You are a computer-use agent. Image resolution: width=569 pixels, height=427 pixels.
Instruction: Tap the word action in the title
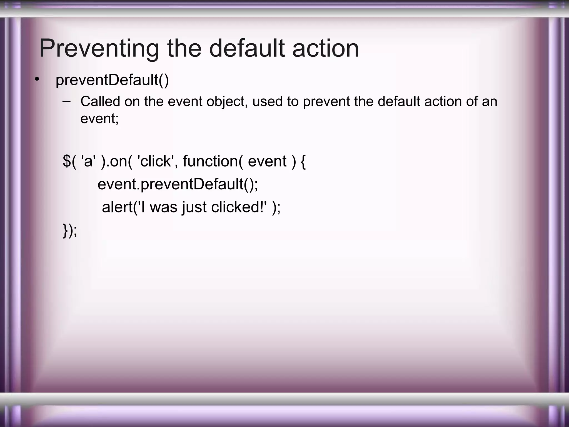tap(325, 49)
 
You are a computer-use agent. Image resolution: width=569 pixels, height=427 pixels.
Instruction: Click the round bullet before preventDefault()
tap(37, 80)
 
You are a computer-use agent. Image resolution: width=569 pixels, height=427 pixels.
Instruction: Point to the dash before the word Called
tap(66, 101)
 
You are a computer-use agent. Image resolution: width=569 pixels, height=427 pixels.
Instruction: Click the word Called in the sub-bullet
tap(100, 101)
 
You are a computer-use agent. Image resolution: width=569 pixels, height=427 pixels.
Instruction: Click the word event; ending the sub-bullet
tap(99, 119)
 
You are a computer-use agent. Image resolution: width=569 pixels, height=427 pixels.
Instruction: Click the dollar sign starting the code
tap(67, 161)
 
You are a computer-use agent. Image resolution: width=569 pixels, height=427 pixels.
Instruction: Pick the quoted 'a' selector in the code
tap(88, 161)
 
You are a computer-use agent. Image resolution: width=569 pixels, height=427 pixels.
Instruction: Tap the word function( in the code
tap(213, 161)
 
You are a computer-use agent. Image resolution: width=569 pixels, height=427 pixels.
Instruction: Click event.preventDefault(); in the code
tap(178, 184)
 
